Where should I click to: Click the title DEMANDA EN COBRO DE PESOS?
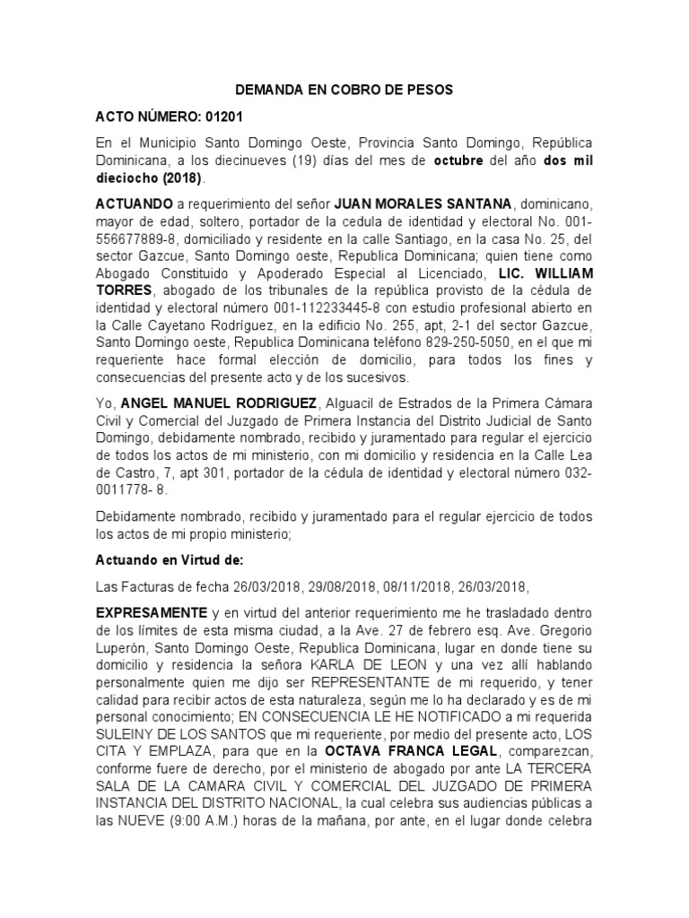pos(344,90)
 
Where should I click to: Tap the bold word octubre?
pos(459,160)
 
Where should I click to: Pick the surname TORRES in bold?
pos(126,291)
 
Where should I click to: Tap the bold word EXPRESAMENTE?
pos(151,612)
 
